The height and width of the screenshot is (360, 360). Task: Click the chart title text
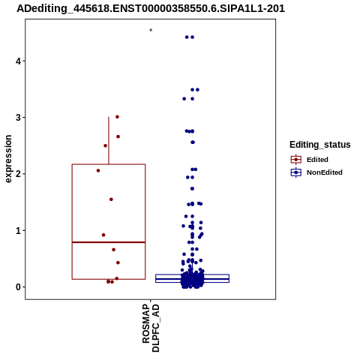151,9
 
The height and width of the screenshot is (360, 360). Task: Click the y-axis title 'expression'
8,159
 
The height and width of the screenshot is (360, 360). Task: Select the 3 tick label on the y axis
18,118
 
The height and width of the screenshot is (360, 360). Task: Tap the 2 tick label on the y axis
18,174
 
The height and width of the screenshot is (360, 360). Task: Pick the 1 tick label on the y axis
18,230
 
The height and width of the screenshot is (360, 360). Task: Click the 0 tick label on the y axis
18,287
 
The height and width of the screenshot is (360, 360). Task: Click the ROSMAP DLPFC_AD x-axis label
151,328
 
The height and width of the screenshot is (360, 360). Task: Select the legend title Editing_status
320,145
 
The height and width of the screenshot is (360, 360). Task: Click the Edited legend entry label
317,160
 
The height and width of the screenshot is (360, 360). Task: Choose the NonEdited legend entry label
325,172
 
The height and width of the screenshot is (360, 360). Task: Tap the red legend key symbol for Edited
296,160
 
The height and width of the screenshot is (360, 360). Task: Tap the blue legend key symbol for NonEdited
296,172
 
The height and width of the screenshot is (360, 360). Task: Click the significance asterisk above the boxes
151,31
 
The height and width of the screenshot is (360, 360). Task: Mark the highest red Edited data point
117,117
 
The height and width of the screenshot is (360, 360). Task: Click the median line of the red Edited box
109,242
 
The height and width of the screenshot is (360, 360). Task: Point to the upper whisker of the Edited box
109,140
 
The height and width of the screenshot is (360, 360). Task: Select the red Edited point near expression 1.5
111,199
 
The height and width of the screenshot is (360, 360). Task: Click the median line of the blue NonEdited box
192,279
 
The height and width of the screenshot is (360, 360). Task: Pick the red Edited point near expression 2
98,170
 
